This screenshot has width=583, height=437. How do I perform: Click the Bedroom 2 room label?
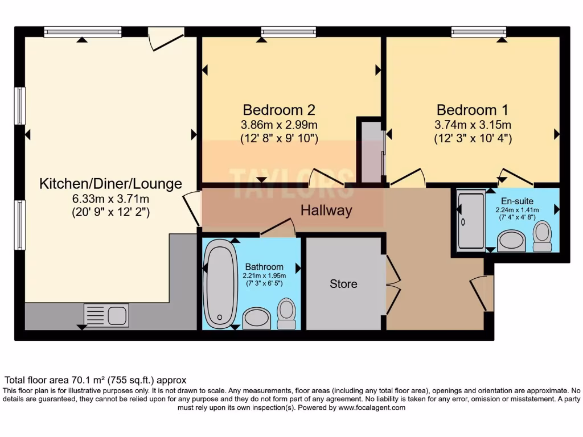tap(279, 110)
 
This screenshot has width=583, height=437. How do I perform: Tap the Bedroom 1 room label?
tap(472, 110)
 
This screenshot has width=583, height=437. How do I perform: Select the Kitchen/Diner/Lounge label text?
tap(110, 184)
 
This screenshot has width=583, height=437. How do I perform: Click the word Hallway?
tap(326, 211)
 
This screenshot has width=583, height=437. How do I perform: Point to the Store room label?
tap(343, 283)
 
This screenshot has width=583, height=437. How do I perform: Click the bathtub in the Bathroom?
tap(220, 283)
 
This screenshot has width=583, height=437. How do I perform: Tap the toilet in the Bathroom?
tap(286, 314)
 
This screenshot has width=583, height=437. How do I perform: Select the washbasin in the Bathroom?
tap(257, 319)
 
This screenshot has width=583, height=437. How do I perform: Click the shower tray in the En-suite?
tap(471, 221)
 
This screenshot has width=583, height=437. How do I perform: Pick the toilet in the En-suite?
tap(543, 236)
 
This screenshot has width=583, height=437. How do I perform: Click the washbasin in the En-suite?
tap(511, 241)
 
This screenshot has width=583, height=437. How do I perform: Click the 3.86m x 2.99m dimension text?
tap(279, 125)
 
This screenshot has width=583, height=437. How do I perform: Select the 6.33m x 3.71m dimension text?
tap(110, 199)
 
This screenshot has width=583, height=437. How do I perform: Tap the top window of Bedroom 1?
tap(478, 32)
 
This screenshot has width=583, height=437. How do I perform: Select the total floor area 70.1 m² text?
tap(95, 380)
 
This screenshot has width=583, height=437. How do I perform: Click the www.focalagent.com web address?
tap(372, 407)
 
